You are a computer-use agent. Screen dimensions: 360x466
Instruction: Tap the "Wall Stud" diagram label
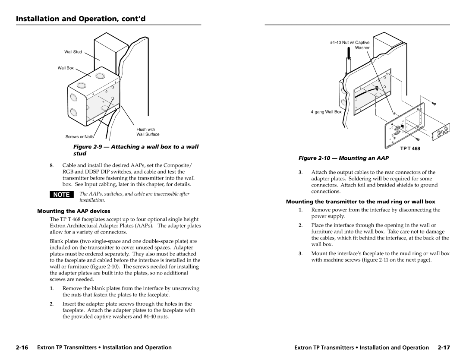[x=73, y=52]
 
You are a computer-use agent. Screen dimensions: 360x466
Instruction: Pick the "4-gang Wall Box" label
[x=326, y=112]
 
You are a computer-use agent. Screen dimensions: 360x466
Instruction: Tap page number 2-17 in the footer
[x=443, y=347]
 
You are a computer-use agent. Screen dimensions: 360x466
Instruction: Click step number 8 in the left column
[x=51, y=166]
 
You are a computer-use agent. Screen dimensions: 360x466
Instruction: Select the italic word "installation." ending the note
[x=91, y=201]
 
